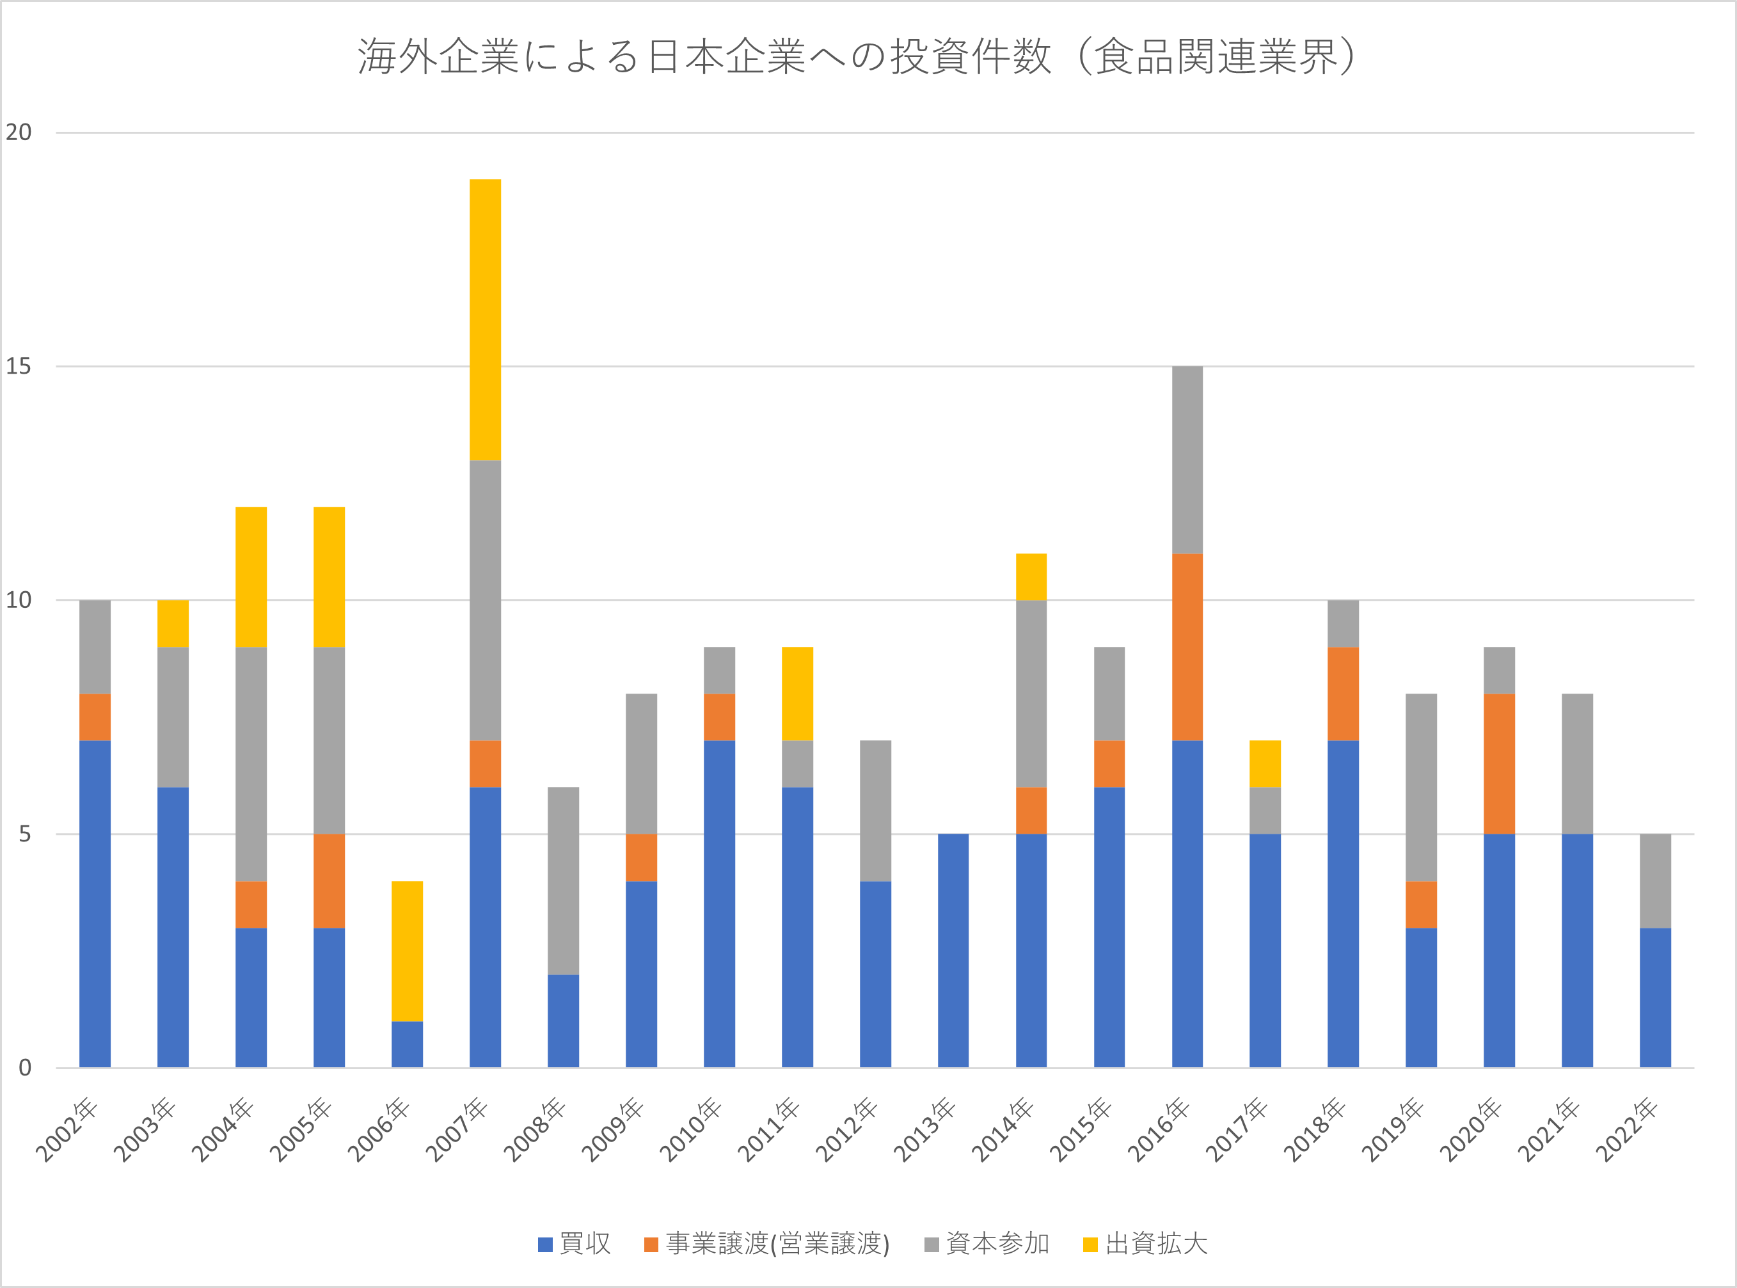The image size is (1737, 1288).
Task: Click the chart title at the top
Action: click(856, 56)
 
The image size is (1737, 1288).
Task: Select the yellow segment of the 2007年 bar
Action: click(485, 320)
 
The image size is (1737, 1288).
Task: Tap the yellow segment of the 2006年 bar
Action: click(407, 951)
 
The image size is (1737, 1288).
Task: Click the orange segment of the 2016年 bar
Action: click(1187, 647)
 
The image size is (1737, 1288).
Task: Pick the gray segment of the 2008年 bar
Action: click(563, 881)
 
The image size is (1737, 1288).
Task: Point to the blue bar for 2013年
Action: click(953, 951)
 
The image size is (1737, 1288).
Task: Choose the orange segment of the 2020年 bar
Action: click(1499, 764)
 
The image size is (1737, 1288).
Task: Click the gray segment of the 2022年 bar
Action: click(1655, 881)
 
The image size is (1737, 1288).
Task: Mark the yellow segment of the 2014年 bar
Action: click(1031, 577)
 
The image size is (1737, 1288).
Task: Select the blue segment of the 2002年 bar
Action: click(95, 904)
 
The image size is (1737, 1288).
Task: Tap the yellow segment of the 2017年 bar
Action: click(1265, 764)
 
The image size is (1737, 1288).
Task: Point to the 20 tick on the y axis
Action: click(19, 132)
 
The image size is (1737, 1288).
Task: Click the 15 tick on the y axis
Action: click(19, 367)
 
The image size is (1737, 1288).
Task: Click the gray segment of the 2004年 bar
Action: click(251, 764)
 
